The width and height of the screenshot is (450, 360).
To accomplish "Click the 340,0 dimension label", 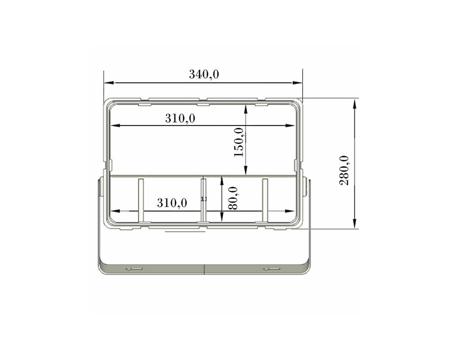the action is (x=204, y=74).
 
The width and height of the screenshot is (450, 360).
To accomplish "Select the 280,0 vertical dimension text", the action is (x=344, y=170).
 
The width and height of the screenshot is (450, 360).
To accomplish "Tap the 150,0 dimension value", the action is (x=239, y=142).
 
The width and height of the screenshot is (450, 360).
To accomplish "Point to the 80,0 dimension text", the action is (x=233, y=198).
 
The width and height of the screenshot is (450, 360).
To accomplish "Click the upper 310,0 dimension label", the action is (x=180, y=118).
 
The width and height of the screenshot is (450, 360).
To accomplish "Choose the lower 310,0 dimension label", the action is (x=172, y=203).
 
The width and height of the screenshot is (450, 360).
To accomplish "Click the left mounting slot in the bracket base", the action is (x=134, y=269).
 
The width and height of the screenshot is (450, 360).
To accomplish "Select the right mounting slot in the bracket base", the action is (x=272, y=269).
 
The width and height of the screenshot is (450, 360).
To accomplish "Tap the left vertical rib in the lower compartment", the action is (x=141, y=200).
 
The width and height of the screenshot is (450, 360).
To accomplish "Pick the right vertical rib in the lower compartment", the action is (x=265, y=200).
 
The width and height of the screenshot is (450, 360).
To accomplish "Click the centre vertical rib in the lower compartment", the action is (x=203, y=200).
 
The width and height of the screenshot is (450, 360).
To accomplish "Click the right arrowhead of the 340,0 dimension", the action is (x=297, y=83).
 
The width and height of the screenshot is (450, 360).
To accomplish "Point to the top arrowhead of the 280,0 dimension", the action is (x=355, y=104).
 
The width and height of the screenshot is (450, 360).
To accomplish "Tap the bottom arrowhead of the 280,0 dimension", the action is (x=355, y=224).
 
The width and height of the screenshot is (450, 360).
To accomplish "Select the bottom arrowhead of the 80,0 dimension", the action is (x=221, y=217).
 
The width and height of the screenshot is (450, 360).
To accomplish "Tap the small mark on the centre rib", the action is (x=204, y=199).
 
